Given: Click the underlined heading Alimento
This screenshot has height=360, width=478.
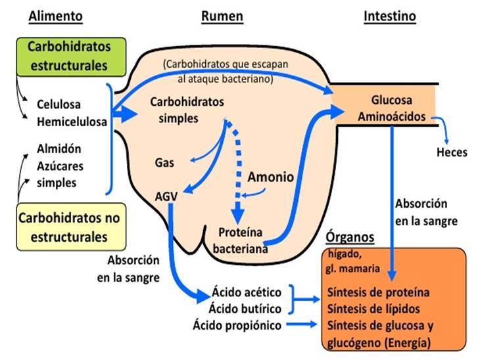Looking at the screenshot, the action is point(55,16).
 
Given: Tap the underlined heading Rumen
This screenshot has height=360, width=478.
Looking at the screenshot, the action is point(222,16).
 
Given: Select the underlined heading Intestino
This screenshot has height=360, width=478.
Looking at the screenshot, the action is point(390,16).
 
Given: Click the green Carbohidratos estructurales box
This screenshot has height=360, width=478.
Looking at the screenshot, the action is point(71,56).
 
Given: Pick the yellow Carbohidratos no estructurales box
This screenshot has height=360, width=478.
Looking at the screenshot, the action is point(71,227).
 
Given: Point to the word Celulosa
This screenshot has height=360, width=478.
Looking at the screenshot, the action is point(59,104).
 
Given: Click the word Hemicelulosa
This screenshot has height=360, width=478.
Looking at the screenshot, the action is point(72,122).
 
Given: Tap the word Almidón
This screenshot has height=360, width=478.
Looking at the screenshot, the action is point(59,149).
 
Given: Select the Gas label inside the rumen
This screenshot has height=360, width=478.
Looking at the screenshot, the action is point(164,163).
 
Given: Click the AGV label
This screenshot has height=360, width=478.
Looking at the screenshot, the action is point(166,196).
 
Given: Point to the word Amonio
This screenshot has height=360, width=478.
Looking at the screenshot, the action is point(271,177).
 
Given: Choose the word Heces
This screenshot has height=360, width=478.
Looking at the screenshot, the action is point(452,152).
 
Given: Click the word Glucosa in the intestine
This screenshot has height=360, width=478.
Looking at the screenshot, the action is point(392,100).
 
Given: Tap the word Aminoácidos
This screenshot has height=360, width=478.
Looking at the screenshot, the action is point(392,116).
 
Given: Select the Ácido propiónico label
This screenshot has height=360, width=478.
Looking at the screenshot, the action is point(237,325).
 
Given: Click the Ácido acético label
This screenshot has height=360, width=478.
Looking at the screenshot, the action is point(247,292).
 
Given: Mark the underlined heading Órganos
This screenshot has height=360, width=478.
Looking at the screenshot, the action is point(350,237).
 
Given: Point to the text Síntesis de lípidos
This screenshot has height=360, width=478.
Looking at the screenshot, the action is point(373,309).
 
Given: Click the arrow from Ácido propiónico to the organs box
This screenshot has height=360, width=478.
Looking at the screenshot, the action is point(302,325).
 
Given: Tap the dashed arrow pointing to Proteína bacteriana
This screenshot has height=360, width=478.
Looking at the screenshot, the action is point(239,171).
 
